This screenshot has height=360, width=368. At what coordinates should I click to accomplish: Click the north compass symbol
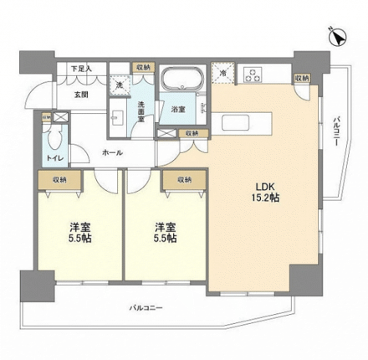[x=340, y=36]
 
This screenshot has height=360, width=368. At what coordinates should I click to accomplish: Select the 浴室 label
[x=177, y=109]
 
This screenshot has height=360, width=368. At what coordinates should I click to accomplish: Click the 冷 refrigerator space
[x=222, y=75]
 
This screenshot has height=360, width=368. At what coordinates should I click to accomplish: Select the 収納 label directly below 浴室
[x=192, y=132]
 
